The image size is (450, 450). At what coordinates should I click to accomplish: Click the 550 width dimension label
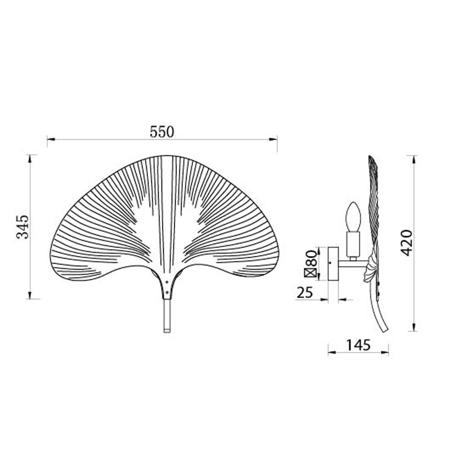pyautogui.click(x=162, y=132)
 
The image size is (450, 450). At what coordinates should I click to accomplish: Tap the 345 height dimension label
pyautogui.click(x=22, y=227)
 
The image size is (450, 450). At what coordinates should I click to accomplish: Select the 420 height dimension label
pyautogui.click(x=406, y=243)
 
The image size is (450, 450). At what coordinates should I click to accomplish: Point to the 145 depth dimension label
pyautogui.click(x=358, y=345)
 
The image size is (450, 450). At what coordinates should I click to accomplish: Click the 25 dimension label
pyautogui.click(x=304, y=292)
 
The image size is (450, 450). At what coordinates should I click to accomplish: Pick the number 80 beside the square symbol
pyautogui.click(x=311, y=258)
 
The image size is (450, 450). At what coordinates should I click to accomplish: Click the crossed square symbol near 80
pyautogui.click(x=310, y=273)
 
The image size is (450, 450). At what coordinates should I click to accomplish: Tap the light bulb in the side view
pyautogui.click(x=353, y=217)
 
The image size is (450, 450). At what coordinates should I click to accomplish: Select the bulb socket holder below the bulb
pyautogui.click(x=353, y=245)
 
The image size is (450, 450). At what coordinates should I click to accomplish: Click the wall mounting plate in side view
pyautogui.click(x=333, y=264)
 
